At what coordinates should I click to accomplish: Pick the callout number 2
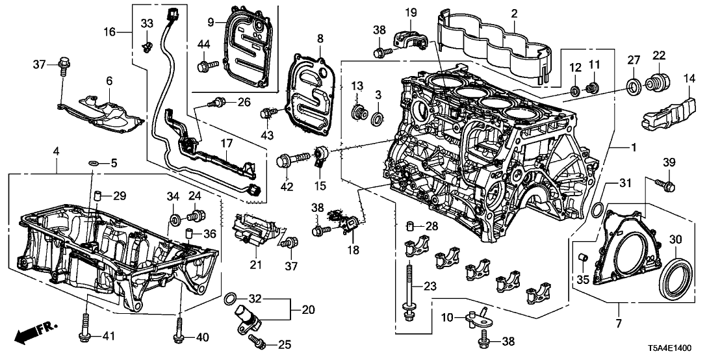click(513, 14)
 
